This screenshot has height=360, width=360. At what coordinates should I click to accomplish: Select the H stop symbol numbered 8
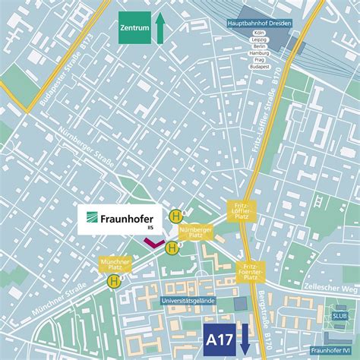[175, 215]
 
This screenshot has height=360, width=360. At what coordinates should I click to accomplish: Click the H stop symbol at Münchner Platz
[114, 281]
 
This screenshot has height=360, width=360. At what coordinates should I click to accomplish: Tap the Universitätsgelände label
[188, 301]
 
